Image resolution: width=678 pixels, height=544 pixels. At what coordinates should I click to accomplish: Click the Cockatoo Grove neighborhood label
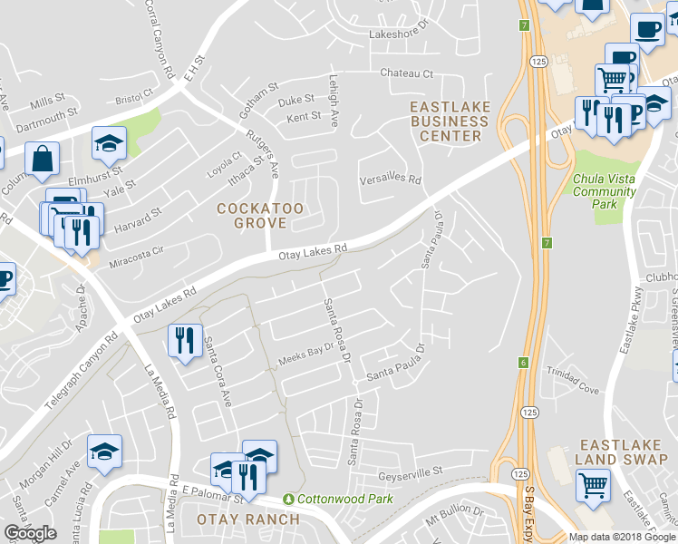coord(259,215)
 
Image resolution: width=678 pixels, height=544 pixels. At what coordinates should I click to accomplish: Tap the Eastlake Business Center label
coord(450,121)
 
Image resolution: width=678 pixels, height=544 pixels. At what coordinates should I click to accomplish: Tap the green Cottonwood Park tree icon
coord(290,500)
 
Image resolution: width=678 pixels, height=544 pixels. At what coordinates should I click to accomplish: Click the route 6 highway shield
coord(523,363)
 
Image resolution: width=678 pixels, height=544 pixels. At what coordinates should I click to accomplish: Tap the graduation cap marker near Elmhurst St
coord(109,142)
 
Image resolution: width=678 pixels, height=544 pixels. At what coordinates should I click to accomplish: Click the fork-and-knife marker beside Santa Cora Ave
coord(184,341)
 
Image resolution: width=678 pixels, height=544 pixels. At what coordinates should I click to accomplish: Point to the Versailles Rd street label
coord(392,180)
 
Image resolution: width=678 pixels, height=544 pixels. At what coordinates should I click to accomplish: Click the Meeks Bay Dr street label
coord(305,357)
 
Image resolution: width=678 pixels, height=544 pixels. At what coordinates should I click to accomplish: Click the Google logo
coord(30,533)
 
